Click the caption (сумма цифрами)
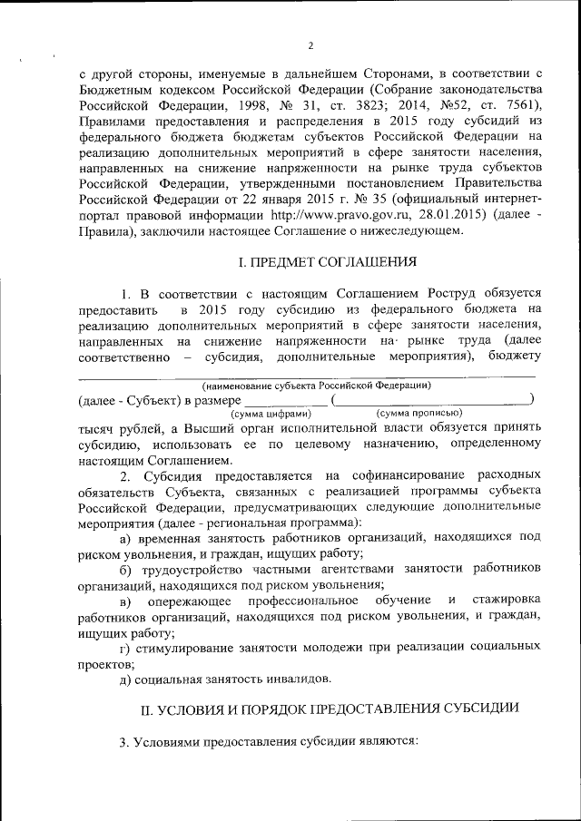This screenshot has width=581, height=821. pos(270,413)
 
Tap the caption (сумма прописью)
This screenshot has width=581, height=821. pos(419,413)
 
